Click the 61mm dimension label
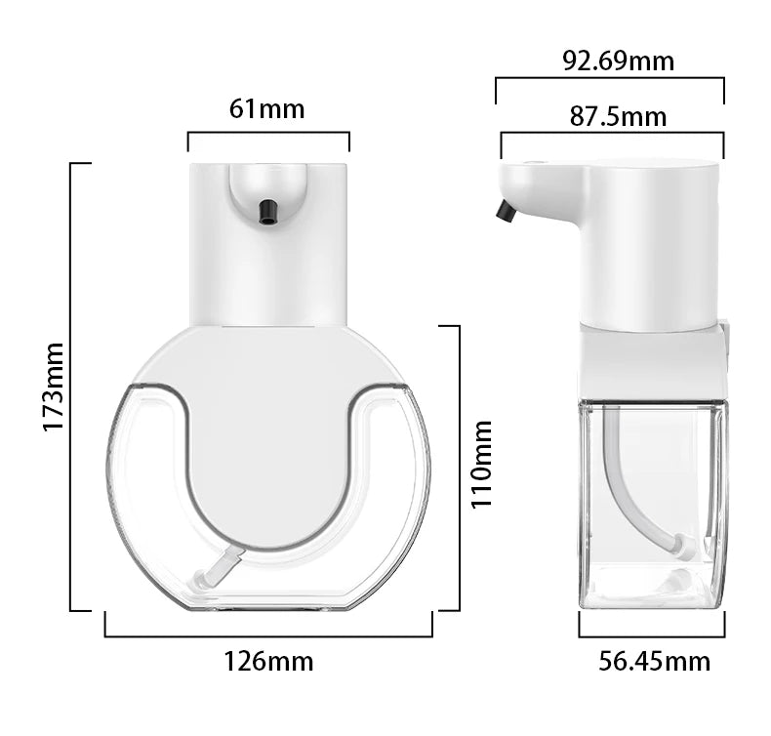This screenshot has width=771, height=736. tap(267, 108)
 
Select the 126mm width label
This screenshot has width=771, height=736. tap(269, 661)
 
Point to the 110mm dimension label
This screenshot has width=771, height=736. tap(481, 464)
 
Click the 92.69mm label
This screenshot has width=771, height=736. tap(618, 61)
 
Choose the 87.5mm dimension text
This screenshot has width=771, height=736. tap(618, 116)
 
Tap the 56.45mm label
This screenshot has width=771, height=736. tap(654, 661)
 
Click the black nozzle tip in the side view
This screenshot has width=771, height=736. tap(506, 211)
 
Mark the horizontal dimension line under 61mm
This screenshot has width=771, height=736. tap(268, 133)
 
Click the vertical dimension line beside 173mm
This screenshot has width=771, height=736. tap(72, 387)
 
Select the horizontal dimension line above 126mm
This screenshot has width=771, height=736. tap(268, 635)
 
